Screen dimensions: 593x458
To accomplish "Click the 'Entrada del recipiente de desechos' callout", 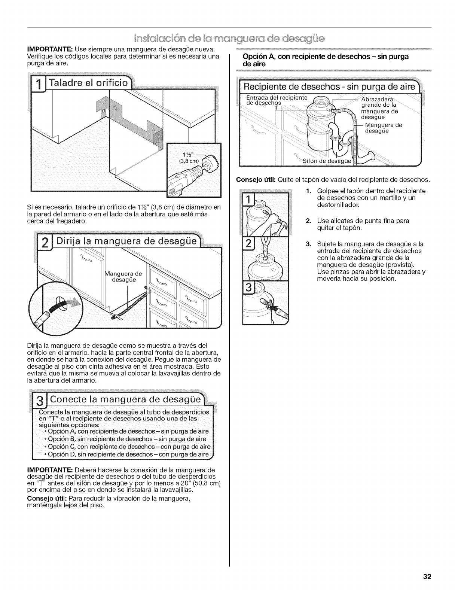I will pyautogui.click(x=276, y=100).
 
